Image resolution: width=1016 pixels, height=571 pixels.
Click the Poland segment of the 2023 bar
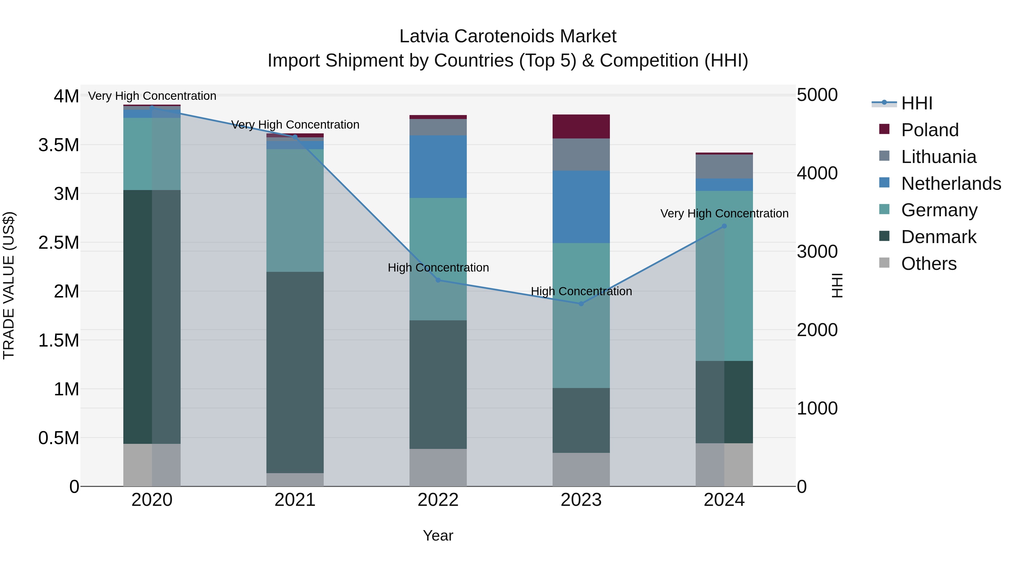click(x=581, y=127)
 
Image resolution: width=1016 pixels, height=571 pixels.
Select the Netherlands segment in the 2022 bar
click(x=438, y=167)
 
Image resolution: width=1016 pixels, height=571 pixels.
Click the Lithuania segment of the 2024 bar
click(x=724, y=166)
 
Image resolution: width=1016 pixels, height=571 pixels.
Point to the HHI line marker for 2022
click(x=438, y=280)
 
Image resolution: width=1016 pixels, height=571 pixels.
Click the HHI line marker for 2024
click(x=724, y=226)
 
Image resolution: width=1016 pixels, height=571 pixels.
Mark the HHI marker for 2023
click(x=581, y=304)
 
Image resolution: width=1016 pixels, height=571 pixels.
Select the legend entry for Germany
click(x=939, y=210)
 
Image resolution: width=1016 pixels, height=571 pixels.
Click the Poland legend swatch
click(x=884, y=129)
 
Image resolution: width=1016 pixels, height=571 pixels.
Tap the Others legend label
click(x=929, y=264)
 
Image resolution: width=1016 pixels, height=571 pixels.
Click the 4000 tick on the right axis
click(x=817, y=173)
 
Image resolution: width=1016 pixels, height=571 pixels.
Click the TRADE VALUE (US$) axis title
click(x=9, y=285)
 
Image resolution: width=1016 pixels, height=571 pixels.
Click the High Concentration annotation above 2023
click(x=581, y=292)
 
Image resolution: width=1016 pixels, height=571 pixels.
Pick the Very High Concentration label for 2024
click(x=724, y=213)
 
